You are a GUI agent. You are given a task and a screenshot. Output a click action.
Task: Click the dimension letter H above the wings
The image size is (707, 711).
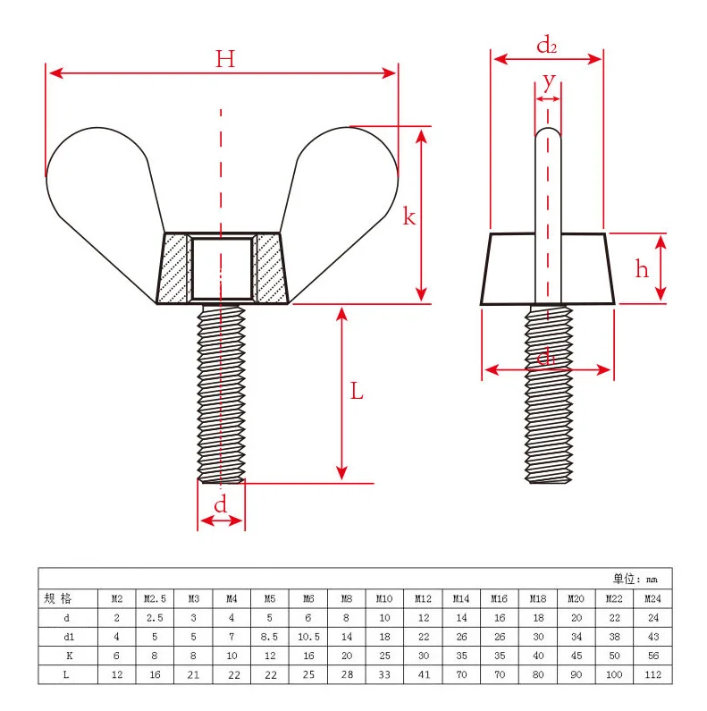coord(224,60)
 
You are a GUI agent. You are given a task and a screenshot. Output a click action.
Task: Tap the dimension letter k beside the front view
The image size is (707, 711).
coord(408,216)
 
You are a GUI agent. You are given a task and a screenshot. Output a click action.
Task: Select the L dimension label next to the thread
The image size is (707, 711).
coord(357,391)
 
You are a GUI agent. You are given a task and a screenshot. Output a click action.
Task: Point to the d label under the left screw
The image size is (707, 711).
coord(221,504)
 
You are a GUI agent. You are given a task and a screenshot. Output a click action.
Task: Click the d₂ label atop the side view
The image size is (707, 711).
coord(547,44)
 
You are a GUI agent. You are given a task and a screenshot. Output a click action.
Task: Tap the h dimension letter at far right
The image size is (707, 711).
coord(642,268)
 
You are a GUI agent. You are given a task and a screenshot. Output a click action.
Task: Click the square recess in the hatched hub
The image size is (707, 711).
coord(222,267)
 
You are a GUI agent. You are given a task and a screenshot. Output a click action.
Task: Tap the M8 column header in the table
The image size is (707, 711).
coord(346,598)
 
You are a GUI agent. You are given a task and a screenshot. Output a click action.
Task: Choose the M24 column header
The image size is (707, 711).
coord(652,598)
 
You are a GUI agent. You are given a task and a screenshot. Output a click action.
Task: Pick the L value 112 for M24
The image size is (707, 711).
coord(652,674)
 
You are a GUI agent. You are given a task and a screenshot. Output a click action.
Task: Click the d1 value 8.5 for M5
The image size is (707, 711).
coord(269,637)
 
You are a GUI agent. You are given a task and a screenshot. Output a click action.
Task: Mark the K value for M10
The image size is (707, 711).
coord(384,656)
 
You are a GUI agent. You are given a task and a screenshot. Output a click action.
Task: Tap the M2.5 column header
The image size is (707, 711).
coord(155,598)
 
